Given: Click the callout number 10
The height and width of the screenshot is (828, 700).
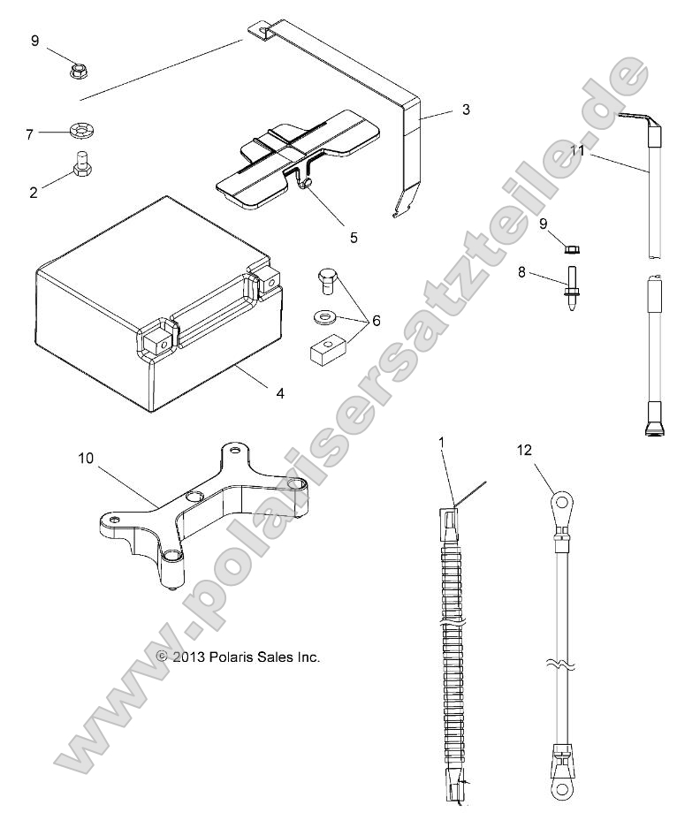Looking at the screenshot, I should pos(86,459).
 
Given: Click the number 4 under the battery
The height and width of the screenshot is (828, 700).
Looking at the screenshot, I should pos(280,392).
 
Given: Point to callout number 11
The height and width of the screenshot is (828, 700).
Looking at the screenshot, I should pos(577,151).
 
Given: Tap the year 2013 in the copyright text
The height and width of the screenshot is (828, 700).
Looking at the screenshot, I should pos(191,657).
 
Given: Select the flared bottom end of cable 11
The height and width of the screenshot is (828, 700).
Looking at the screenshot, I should pos(652,429).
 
